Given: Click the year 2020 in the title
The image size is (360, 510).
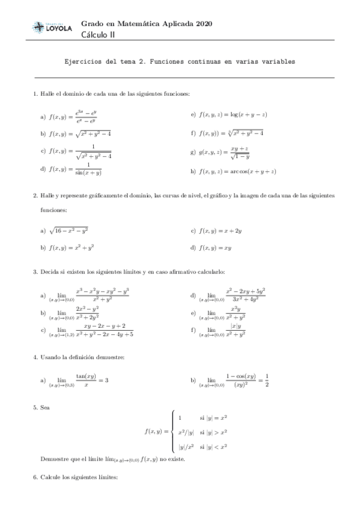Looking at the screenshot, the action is [x=203, y=23].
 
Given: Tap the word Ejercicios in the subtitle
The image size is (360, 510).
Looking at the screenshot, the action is [x=84, y=61].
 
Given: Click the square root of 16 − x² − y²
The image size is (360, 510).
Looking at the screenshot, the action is [x=69, y=230].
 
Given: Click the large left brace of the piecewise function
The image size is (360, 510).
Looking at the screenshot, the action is [x=173, y=431].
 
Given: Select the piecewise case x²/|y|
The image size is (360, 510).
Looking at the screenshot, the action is [x=187, y=432].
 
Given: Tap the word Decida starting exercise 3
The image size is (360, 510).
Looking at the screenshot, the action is [x=50, y=272].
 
